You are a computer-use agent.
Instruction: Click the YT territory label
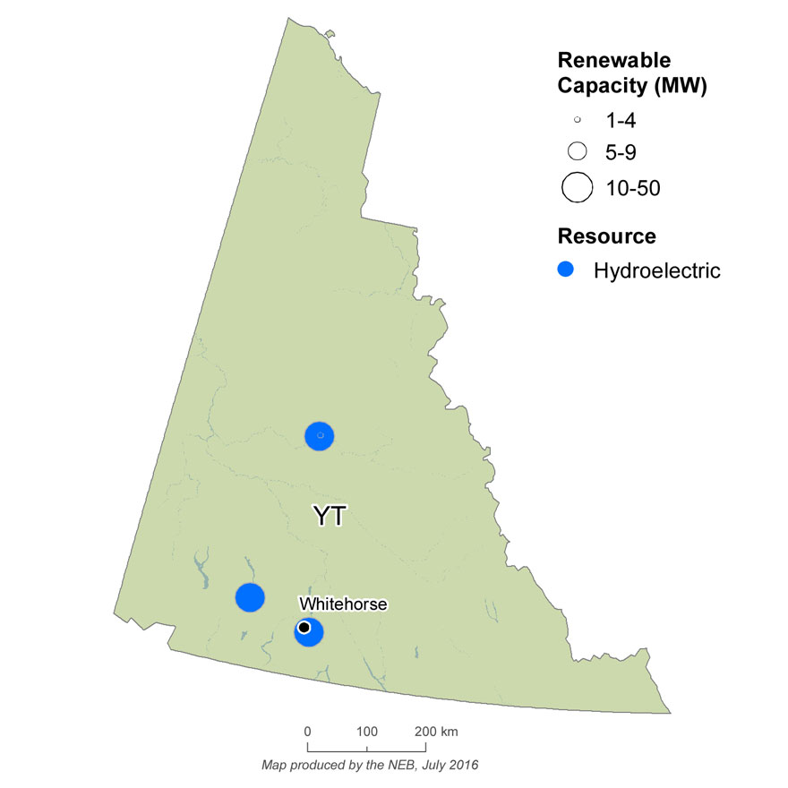point(329,517)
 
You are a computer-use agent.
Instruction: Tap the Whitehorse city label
point(344,604)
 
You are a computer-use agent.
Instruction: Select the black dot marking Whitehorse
point(304,627)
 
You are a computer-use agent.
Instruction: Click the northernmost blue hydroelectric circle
point(320,435)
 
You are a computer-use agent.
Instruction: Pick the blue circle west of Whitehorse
point(249,596)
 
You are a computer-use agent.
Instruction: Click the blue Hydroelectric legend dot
point(566,270)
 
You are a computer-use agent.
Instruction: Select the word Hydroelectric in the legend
point(656,270)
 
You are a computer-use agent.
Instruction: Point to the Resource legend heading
point(606,236)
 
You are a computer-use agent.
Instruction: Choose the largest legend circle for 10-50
point(578,187)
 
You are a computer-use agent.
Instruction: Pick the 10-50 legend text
point(632,187)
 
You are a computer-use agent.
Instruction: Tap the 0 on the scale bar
point(308,732)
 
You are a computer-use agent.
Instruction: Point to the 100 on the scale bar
point(367,732)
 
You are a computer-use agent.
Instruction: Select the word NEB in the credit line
point(408,766)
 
